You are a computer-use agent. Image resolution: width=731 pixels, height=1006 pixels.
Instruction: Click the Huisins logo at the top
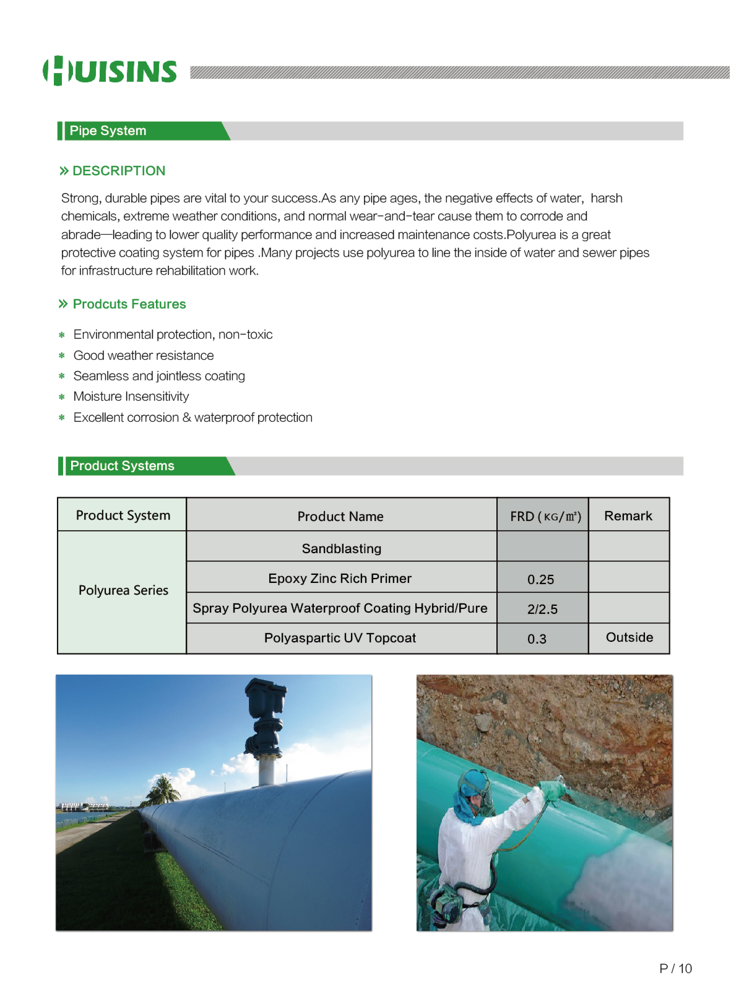pos(110,71)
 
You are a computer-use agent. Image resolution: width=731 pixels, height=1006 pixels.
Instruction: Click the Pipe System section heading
pos(108,131)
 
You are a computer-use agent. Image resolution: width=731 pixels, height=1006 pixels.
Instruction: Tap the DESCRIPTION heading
pos(118,171)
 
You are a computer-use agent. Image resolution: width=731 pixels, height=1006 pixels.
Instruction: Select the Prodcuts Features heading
pos(129,304)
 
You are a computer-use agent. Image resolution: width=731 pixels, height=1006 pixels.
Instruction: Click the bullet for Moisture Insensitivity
pos(62,397)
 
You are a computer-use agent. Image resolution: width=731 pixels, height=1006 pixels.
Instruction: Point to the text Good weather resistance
pos(144,356)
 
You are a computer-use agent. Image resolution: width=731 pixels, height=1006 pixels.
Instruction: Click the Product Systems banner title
pos(122,466)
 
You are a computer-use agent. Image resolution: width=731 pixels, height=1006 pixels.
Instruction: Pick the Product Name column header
pos(340,516)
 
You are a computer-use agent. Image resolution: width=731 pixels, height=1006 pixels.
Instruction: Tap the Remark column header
pos(628,516)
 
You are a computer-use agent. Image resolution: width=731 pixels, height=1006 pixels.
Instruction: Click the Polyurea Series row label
pos(123,590)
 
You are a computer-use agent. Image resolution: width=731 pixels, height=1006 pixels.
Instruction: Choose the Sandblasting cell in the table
pos(341,549)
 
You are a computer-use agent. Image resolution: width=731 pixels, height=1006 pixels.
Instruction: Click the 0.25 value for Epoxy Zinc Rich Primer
pos(540,579)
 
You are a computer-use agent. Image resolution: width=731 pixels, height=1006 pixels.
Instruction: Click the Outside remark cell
pos(629,637)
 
